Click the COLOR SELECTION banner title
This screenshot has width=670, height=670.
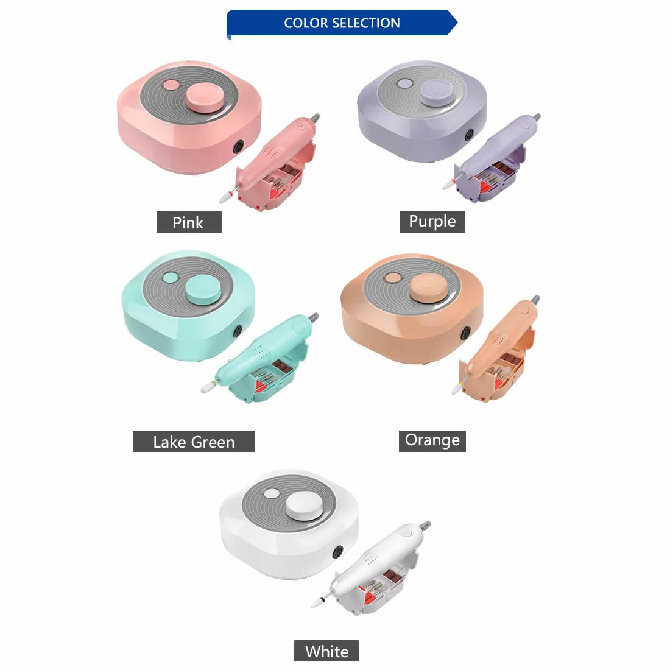pyautogui.click(x=342, y=23)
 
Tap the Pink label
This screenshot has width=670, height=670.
pyautogui.click(x=189, y=222)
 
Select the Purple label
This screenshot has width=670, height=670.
pyautogui.click(x=432, y=222)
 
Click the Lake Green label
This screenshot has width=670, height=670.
pyautogui.click(x=194, y=442)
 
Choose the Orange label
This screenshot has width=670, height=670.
pyautogui.click(x=432, y=441)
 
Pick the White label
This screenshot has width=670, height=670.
pyautogui.click(x=326, y=651)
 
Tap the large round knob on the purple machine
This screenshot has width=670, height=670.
pyautogui.click(x=436, y=93)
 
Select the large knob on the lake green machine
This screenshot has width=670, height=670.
pyautogui.click(x=204, y=289)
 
